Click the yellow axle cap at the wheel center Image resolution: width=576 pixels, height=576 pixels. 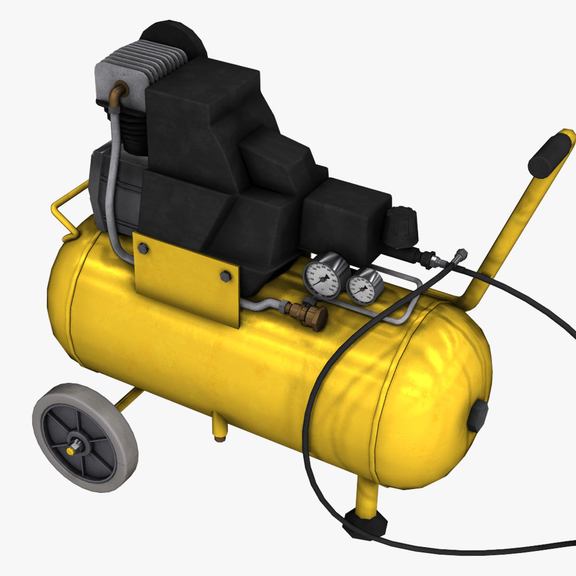coord(71,450)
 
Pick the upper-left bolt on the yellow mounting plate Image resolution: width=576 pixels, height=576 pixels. coord(143,248)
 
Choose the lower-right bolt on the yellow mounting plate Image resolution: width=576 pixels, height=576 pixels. coord(225,276)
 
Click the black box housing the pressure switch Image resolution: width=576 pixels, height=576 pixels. coord(346,214)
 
